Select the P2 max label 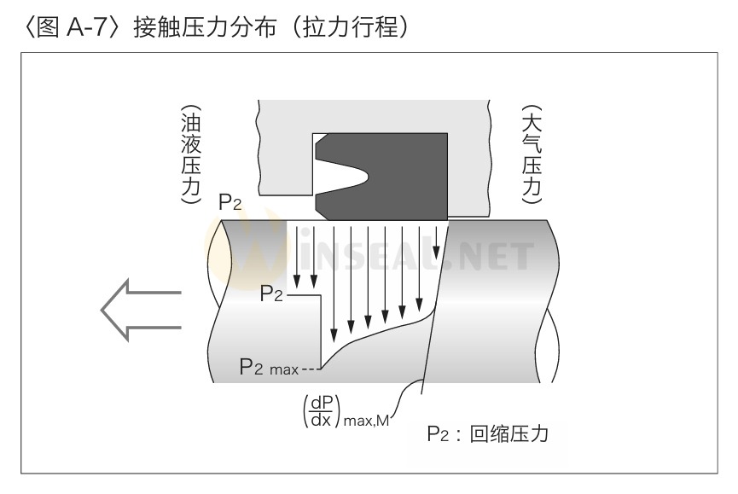click(x=268, y=368)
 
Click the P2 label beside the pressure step click(x=272, y=294)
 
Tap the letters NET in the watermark click(x=498, y=256)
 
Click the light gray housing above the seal click(x=375, y=114)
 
